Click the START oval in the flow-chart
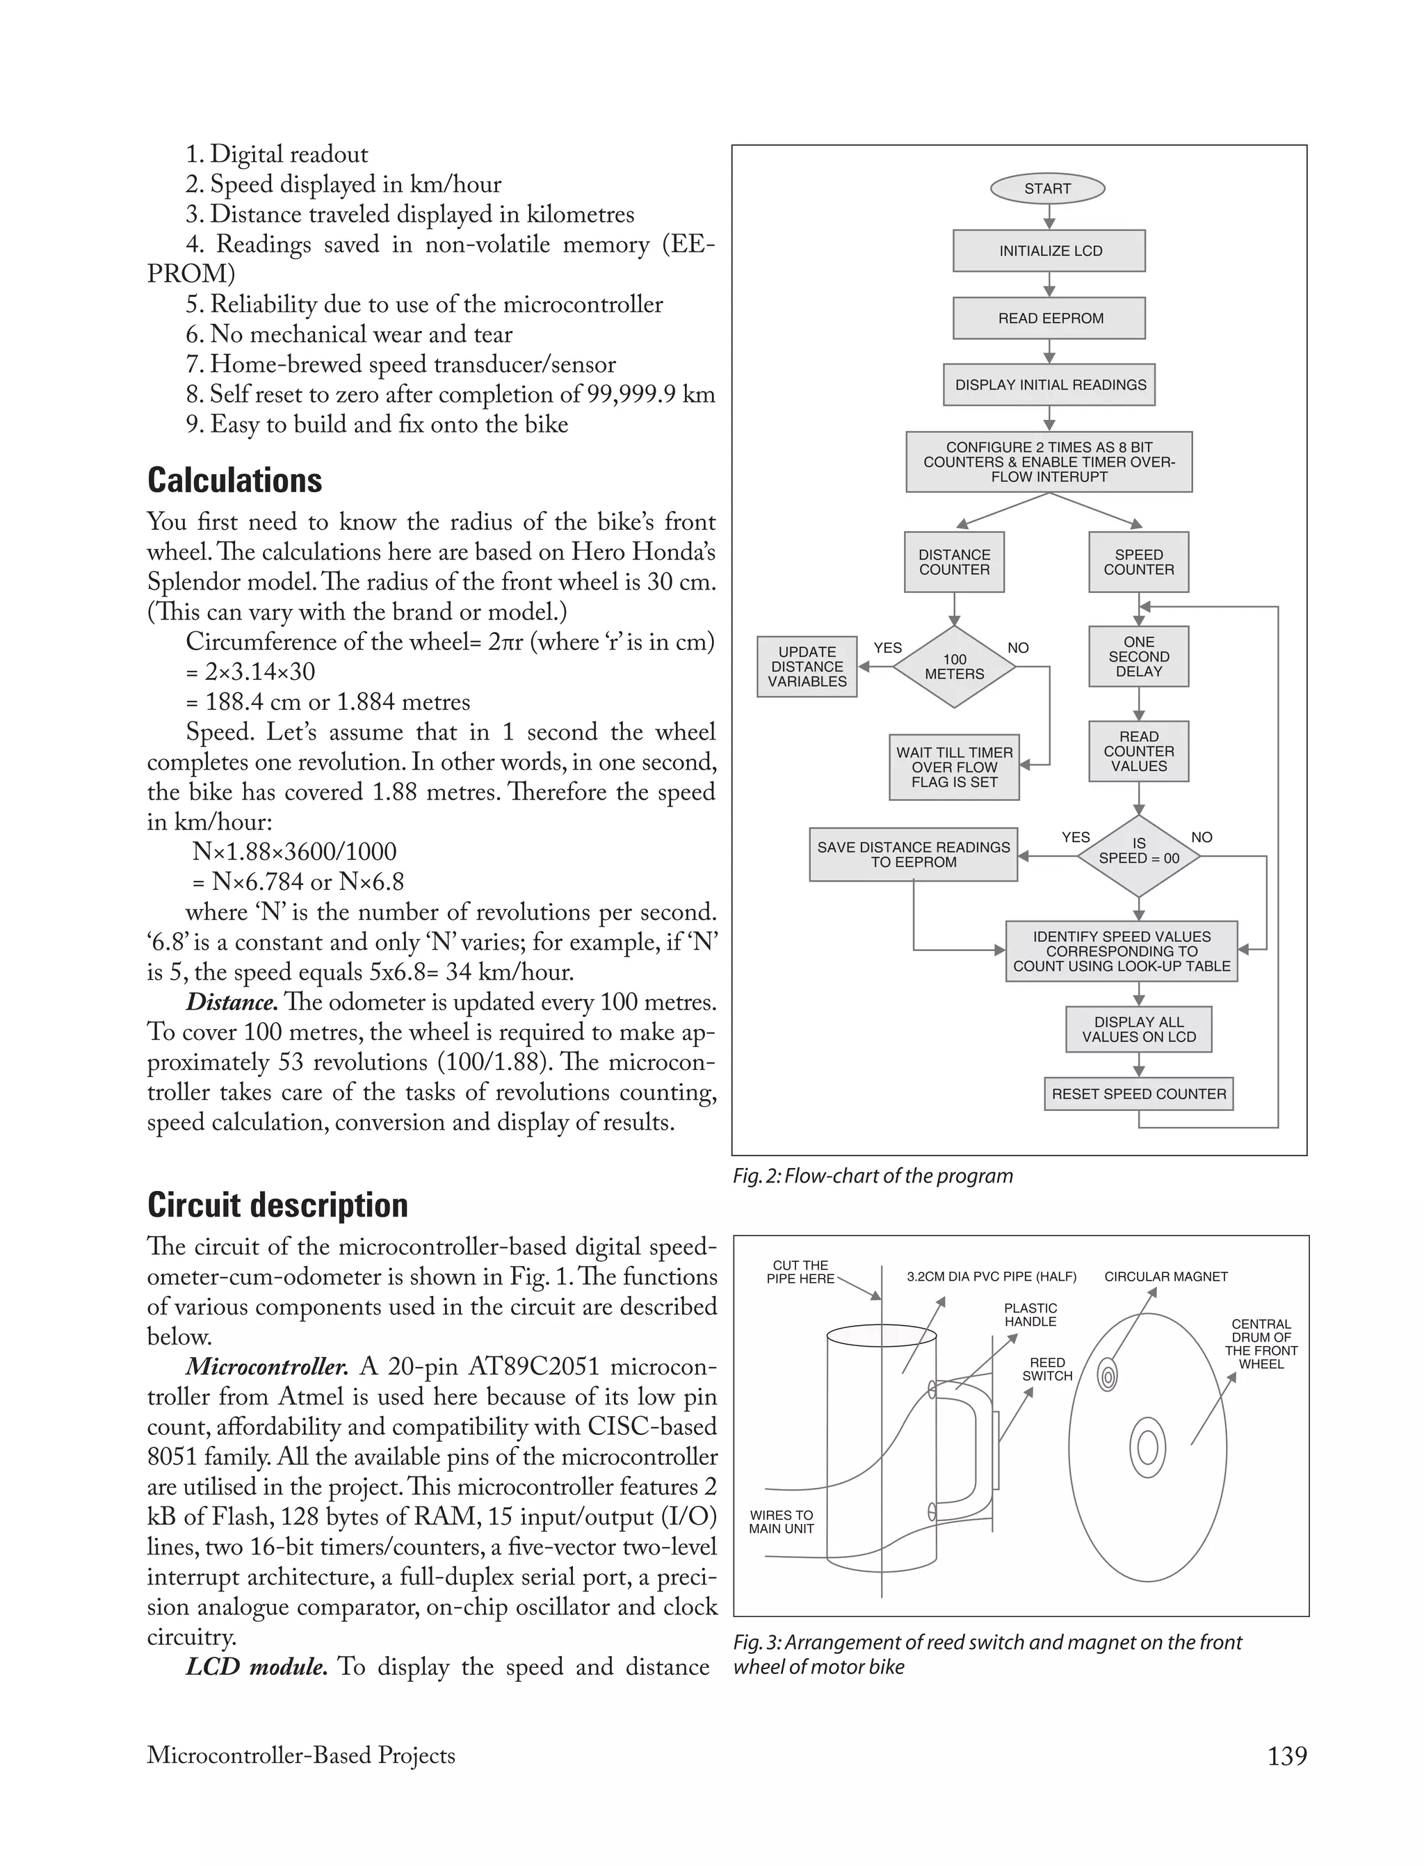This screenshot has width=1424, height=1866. (x=1047, y=189)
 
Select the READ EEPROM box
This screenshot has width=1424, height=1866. (x=1049, y=318)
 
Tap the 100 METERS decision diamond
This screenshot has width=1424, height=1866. (x=955, y=667)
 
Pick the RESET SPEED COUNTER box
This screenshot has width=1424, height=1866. (x=1138, y=1094)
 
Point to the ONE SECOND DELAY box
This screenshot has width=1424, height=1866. (x=1138, y=657)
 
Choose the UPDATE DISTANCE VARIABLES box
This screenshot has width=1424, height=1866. (x=807, y=667)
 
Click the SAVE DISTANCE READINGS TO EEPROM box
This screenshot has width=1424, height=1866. (x=913, y=854)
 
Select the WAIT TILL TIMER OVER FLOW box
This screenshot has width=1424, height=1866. (x=955, y=767)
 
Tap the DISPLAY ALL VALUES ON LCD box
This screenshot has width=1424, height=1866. (x=1138, y=1030)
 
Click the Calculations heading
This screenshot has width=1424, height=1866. (x=235, y=480)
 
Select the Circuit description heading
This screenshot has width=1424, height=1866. (x=277, y=1205)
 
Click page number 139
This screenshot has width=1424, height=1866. (x=1287, y=1756)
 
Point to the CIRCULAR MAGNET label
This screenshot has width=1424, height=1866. (x=1165, y=1277)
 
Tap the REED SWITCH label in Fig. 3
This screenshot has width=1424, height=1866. (x=1047, y=1370)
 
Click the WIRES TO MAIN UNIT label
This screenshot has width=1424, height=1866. (x=781, y=1522)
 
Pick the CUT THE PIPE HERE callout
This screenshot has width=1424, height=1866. (x=800, y=1272)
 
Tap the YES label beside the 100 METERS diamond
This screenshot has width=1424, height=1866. (x=887, y=648)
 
